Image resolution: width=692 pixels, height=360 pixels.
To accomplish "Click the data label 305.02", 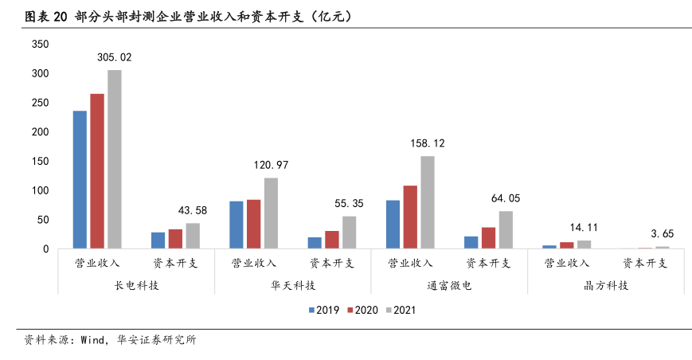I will pyautogui.click(x=115, y=58).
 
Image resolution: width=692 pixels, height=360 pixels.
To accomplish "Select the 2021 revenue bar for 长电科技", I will pyautogui.click(x=115, y=159).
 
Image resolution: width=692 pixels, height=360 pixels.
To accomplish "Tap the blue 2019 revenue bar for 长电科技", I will pyautogui.click(x=80, y=179).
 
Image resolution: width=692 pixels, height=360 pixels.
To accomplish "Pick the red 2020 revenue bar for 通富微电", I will pyautogui.click(x=410, y=217).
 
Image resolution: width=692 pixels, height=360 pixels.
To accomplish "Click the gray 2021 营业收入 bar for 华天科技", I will pyautogui.click(x=271, y=213).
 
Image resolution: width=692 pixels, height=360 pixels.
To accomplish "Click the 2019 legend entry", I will pyautogui.click(x=323, y=310).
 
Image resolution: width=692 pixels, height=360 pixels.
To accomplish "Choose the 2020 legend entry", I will pyautogui.click(x=361, y=310).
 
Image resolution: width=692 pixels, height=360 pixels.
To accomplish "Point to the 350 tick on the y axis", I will pyautogui.click(x=41, y=45).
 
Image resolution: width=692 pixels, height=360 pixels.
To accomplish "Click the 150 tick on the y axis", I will pyautogui.click(x=41, y=162).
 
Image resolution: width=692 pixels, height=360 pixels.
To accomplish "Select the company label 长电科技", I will pyautogui.click(x=137, y=285).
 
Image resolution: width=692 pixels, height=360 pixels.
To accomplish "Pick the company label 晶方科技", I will pyautogui.click(x=607, y=285).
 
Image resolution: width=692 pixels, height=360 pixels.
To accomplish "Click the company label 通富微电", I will pyautogui.click(x=450, y=285).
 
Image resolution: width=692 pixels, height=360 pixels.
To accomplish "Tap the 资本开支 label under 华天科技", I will pyautogui.click(x=332, y=263).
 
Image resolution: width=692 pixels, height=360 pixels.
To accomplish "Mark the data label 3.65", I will pyautogui.click(x=663, y=234).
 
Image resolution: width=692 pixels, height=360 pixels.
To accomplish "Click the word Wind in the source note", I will pyautogui.click(x=90, y=340).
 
